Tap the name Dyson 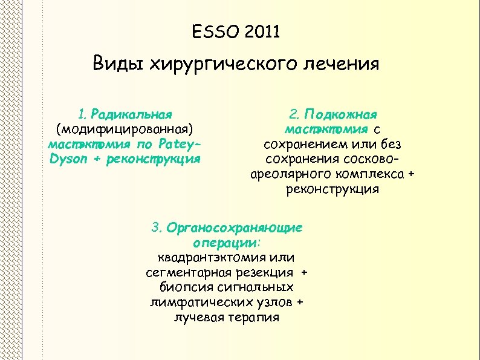pyautogui.click(x=67, y=160)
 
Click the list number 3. pyautogui.click(x=157, y=228)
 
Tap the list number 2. pyautogui.click(x=294, y=114)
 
